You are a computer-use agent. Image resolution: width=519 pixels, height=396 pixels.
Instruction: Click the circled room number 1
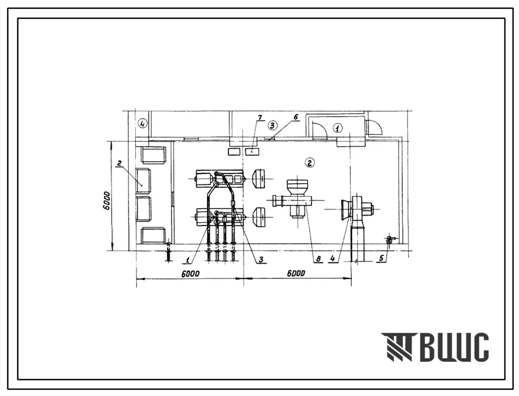[x=338, y=128]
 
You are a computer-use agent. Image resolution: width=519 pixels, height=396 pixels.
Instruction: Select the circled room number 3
[x=272, y=125]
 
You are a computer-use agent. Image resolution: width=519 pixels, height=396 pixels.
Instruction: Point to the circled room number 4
[x=142, y=124]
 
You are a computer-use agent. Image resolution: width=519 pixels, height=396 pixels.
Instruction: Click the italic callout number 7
[x=260, y=118]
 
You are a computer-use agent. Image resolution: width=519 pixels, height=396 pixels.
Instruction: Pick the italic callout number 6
[x=296, y=117]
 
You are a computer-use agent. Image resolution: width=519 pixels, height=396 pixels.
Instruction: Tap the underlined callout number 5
[x=381, y=258]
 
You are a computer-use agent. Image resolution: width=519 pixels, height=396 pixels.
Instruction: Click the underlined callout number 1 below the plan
[x=188, y=261]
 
